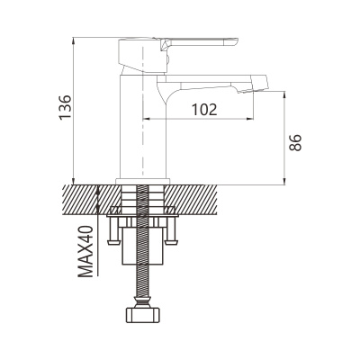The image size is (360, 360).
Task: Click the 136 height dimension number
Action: tap(65, 107)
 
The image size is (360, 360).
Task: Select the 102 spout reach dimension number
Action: tap(204, 110)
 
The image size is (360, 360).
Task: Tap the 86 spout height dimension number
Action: tap(295, 142)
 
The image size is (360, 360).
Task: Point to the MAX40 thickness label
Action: tap(86, 251)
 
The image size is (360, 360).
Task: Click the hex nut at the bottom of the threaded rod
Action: tap(143, 314)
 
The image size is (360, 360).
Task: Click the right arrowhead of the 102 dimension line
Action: tap(251, 119)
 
